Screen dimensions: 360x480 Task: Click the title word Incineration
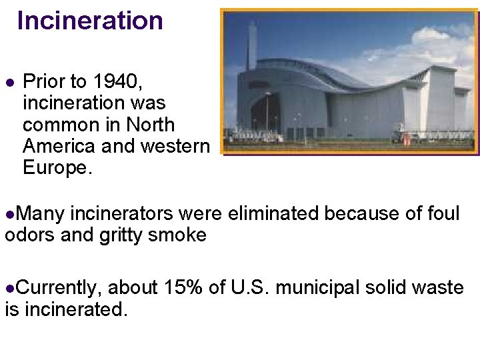pyautogui.click(x=90, y=21)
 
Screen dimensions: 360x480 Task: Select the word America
pyautogui.click(x=61, y=146)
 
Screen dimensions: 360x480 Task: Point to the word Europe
pyautogui.click(x=57, y=167)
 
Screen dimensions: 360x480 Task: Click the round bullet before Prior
pyautogui.click(x=9, y=83)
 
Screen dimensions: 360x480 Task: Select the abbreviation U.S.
pyautogui.click(x=250, y=288)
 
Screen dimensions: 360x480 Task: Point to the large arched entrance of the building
pyautogui.click(x=265, y=113)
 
